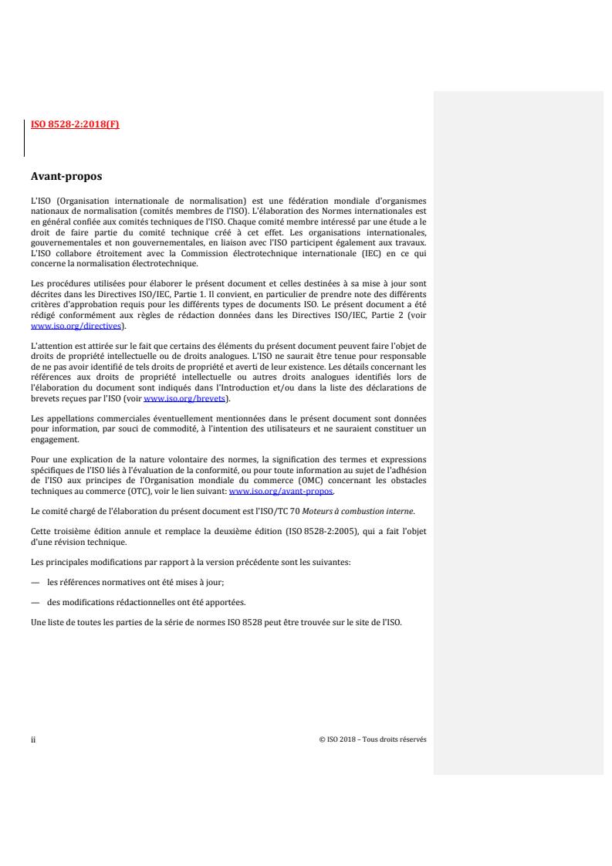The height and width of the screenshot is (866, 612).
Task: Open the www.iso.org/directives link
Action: pos(76,326)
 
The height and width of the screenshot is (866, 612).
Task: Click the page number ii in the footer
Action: pos(32,739)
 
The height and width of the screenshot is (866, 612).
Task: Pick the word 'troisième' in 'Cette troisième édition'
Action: pos(72,528)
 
